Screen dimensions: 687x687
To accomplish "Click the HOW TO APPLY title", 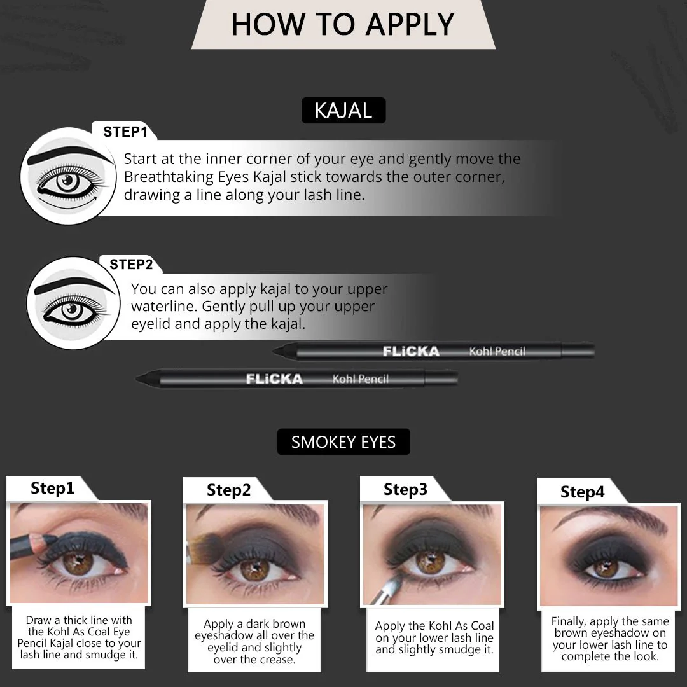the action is (343, 24).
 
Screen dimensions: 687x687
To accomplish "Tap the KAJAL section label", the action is (343, 111).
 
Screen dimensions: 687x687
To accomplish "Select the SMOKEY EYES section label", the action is (343, 441).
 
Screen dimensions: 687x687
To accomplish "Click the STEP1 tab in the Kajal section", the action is (125, 132).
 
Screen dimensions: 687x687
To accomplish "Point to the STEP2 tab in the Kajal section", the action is (131, 264).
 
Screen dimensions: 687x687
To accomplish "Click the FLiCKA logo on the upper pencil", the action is (411, 351).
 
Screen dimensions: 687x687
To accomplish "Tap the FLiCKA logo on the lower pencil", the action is (274, 379).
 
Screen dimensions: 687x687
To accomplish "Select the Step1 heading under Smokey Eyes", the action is (53, 488).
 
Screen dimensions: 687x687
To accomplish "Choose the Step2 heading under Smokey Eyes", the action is (229, 490).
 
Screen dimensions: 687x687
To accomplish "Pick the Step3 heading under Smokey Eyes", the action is (405, 489).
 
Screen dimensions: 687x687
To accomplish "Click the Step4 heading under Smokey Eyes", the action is (582, 492).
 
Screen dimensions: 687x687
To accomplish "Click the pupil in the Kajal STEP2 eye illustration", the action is (71, 310).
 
